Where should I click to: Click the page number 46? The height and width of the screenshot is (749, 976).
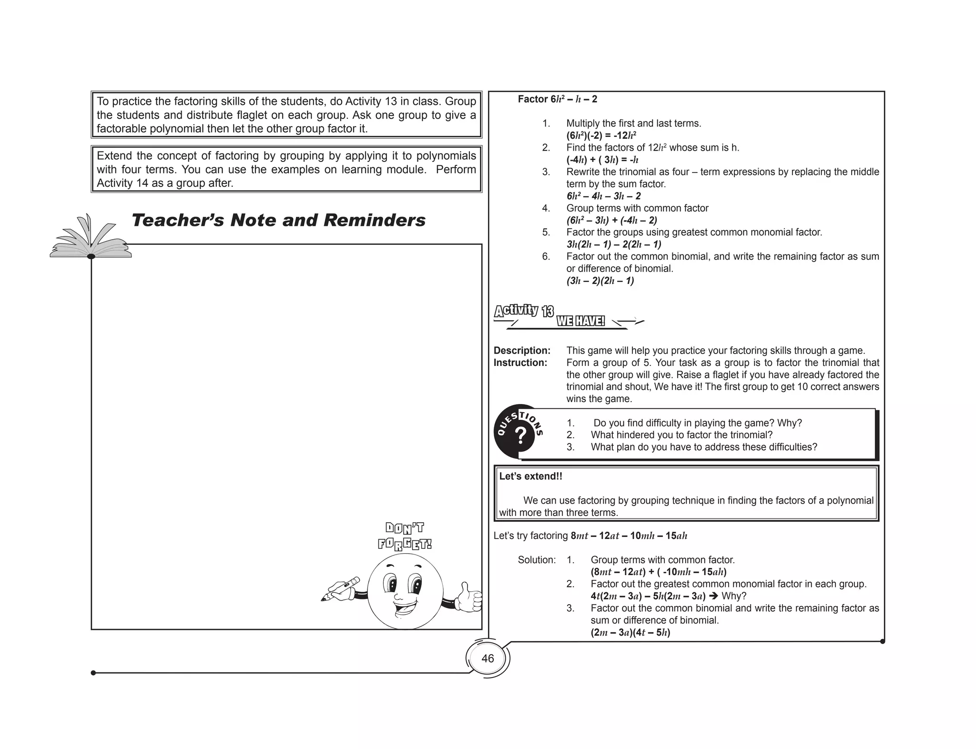488,658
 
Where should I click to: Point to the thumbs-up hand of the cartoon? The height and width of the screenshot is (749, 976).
468,597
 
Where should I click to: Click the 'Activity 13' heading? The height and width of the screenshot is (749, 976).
524,311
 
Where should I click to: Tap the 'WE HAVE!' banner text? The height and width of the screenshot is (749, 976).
580,321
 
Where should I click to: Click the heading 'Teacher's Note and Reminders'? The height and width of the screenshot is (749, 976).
278,220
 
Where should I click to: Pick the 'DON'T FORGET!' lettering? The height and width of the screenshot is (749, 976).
405,536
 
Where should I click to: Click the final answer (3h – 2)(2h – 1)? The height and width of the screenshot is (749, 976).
600,281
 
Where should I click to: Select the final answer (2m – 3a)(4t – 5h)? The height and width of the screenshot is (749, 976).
630,633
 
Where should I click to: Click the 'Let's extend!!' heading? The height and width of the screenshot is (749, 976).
530,476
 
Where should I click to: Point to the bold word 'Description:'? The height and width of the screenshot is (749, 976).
522,351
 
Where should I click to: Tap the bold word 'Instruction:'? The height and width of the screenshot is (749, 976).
520,363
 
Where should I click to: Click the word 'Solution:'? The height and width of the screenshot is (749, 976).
537,560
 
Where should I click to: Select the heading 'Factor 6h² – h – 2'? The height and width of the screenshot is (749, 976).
557,99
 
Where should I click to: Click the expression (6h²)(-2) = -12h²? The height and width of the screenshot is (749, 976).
601,135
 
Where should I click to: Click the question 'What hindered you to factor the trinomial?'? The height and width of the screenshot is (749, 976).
681,435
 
